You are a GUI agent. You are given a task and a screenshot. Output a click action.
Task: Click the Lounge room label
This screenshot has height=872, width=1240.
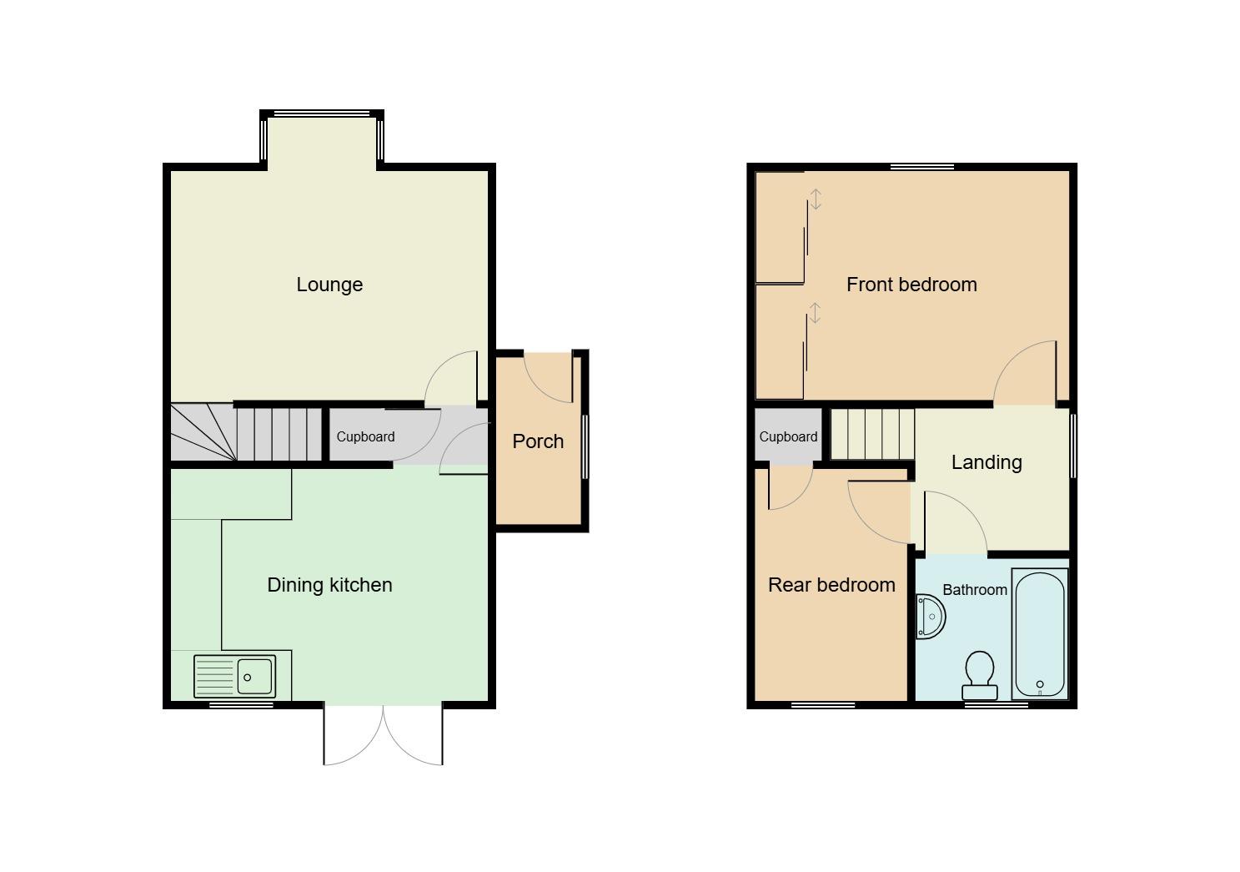pyautogui.click(x=329, y=285)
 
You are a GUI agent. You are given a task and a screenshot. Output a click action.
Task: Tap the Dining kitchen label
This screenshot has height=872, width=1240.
pyautogui.click(x=329, y=585)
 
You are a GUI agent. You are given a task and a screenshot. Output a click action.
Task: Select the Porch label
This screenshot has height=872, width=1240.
pyautogui.click(x=538, y=441)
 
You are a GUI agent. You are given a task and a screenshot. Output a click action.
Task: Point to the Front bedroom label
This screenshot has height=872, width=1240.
pyautogui.click(x=911, y=285)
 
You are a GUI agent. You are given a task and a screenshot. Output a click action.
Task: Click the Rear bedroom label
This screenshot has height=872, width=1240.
pyautogui.click(x=831, y=585)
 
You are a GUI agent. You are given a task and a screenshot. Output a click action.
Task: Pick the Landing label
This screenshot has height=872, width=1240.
pyautogui.click(x=986, y=462)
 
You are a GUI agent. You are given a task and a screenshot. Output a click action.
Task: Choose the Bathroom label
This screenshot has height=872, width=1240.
pyautogui.click(x=974, y=590)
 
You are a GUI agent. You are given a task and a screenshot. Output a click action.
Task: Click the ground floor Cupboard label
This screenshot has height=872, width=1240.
pyautogui.click(x=365, y=437)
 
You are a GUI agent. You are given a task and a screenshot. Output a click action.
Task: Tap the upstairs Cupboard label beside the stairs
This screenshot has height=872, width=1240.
pyautogui.click(x=788, y=437)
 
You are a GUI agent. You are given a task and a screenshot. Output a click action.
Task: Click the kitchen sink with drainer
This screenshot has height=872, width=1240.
pyautogui.click(x=234, y=676)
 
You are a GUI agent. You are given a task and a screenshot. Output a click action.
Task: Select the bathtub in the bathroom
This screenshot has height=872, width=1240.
pyautogui.click(x=1039, y=633)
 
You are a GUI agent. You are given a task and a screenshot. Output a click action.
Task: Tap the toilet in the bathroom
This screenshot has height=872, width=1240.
pyautogui.click(x=979, y=675)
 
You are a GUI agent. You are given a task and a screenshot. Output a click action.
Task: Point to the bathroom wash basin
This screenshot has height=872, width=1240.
pyautogui.click(x=930, y=617)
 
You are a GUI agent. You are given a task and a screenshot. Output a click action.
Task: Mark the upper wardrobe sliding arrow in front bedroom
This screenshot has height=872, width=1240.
pyautogui.click(x=816, y=199)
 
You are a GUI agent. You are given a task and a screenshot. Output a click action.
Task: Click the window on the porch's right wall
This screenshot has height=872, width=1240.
pyautogui.click(x=585, y=447)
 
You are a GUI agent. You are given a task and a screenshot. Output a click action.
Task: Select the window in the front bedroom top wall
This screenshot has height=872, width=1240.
pyautogui.click(x=921, y=167)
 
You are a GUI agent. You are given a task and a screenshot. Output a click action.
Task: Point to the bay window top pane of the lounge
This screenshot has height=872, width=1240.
pyautogui.click(x=322, y=114)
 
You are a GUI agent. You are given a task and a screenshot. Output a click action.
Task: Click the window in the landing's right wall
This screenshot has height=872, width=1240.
pyautogui.click(x=1072, y=446)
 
